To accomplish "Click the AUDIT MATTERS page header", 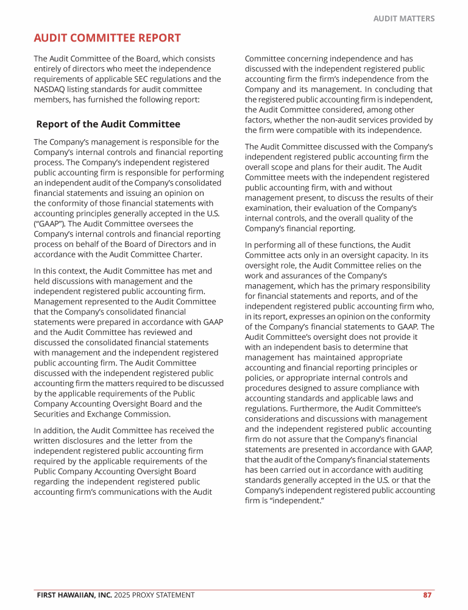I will (403, 19).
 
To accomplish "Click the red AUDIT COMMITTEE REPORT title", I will (107, 38).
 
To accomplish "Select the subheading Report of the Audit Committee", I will (108, 124).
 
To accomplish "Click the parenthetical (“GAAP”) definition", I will (51, 223).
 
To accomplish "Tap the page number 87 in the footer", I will (428, 595).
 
